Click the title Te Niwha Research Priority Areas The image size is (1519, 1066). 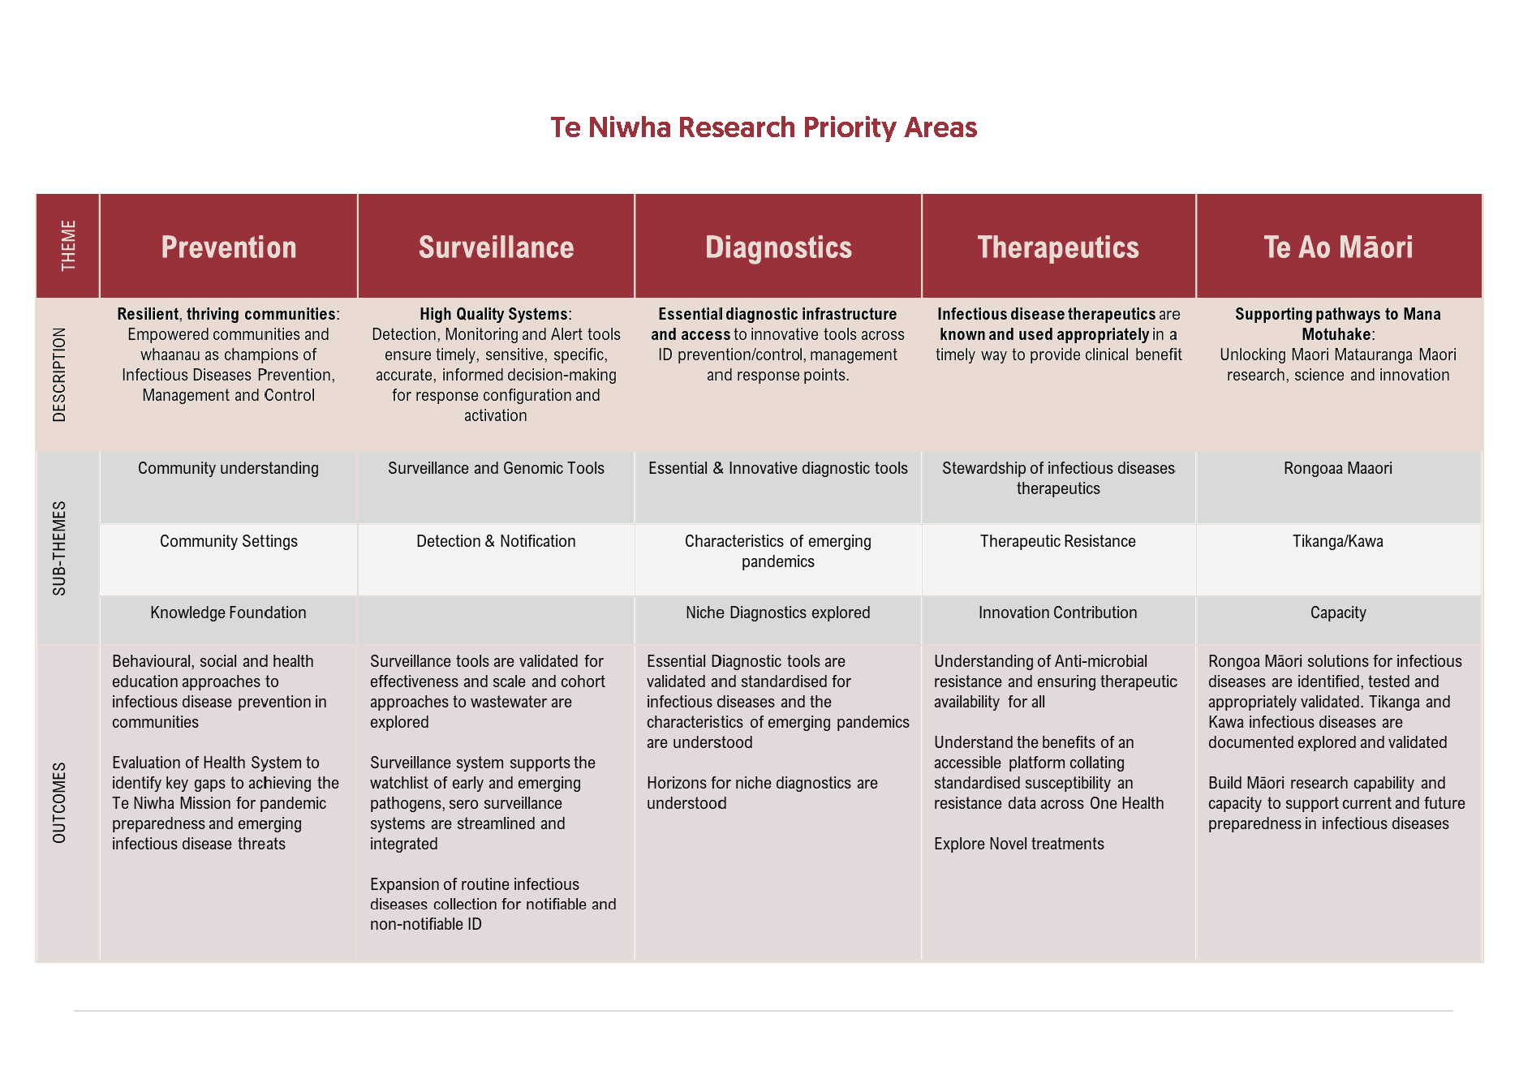click(764, 127)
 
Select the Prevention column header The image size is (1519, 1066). click(229, 247)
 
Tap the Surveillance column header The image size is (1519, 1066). click(496, 247)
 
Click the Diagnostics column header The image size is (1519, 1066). click(778, 247)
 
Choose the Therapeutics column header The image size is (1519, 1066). click(1058, 247)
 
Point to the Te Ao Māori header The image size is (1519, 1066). click(1338, 247)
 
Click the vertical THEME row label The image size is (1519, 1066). click(68, 246)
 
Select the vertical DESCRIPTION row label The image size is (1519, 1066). click(59, 374)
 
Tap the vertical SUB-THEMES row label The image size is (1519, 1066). click(59, 548)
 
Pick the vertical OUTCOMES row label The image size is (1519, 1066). click(59, 802)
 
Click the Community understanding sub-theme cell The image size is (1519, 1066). click(228, 469)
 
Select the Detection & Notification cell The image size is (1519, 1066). click(496, 542)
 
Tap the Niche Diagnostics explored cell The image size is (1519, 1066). click(777, 613)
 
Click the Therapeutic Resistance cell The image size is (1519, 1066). click(1057, 542)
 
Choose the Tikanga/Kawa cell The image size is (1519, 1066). click(1337, 542)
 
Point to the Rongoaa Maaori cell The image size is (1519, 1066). click(1337, 469)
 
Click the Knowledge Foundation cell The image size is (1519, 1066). click(228, 613)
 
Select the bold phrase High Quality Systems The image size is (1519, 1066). click(493, 315)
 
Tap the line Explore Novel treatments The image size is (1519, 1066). click(1018, 845)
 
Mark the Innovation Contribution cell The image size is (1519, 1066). click(1057, 613)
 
